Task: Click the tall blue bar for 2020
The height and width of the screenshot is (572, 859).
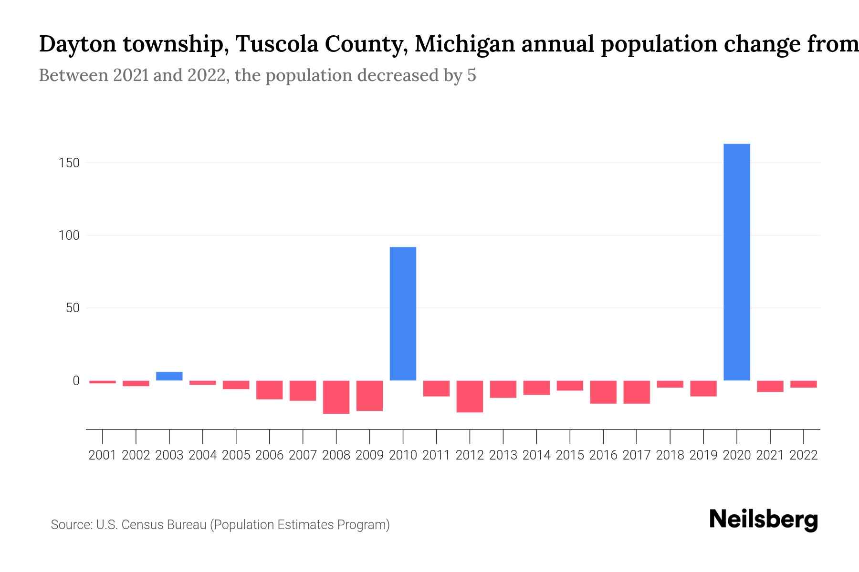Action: click(736, 262)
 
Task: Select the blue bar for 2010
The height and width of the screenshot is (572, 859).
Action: click(403, 314)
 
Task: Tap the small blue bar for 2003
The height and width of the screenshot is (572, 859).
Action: click(169, 376)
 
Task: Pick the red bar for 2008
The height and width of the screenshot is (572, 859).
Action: click(336, 397)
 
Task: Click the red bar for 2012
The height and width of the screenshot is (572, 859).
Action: click(470, 396)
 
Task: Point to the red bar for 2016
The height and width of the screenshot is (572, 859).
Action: click(603, 392)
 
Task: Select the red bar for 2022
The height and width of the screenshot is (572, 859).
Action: click(803, 384)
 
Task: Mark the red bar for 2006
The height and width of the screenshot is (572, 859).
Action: click(270, 390)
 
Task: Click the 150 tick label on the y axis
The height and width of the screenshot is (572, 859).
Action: click(69, 163)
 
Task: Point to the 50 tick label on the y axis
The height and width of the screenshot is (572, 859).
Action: click(73, 308)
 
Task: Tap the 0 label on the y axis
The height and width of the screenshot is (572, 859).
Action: click(76, 381)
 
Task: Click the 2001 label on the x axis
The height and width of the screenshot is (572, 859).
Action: click(103, 455)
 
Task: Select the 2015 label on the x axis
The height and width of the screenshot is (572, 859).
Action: click(570, 455)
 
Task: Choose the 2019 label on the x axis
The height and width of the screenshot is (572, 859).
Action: click(703, 455)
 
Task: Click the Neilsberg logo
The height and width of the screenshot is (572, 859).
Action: click(764, 520)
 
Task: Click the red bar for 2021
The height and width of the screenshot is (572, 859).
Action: click(770, 386)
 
